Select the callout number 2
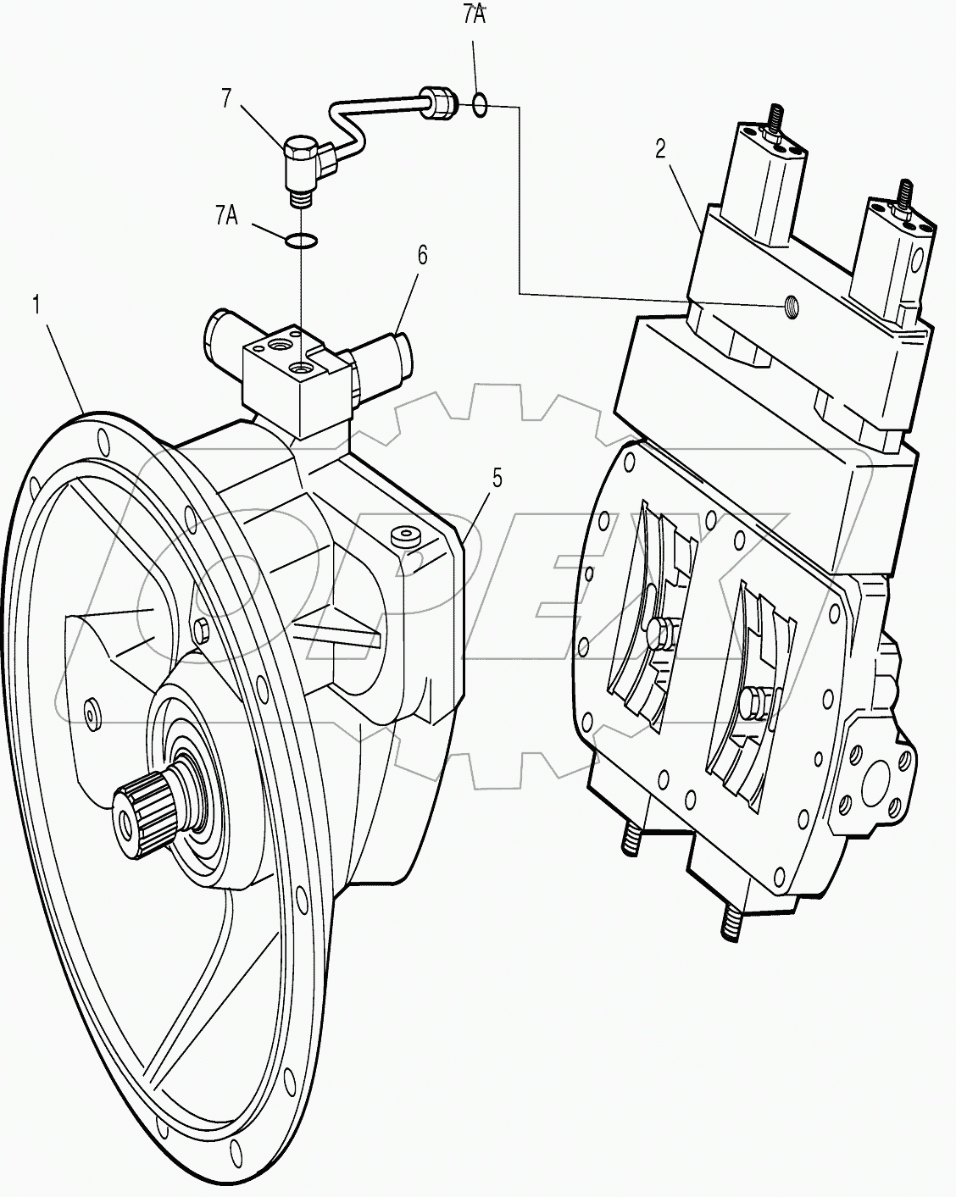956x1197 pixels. [661, 149]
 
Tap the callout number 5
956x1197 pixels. [497, 478]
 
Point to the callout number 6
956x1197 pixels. [421, 254]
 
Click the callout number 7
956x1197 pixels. [226, 99]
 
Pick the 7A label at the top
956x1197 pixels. [474, 16]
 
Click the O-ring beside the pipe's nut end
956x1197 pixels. [480, 105]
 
